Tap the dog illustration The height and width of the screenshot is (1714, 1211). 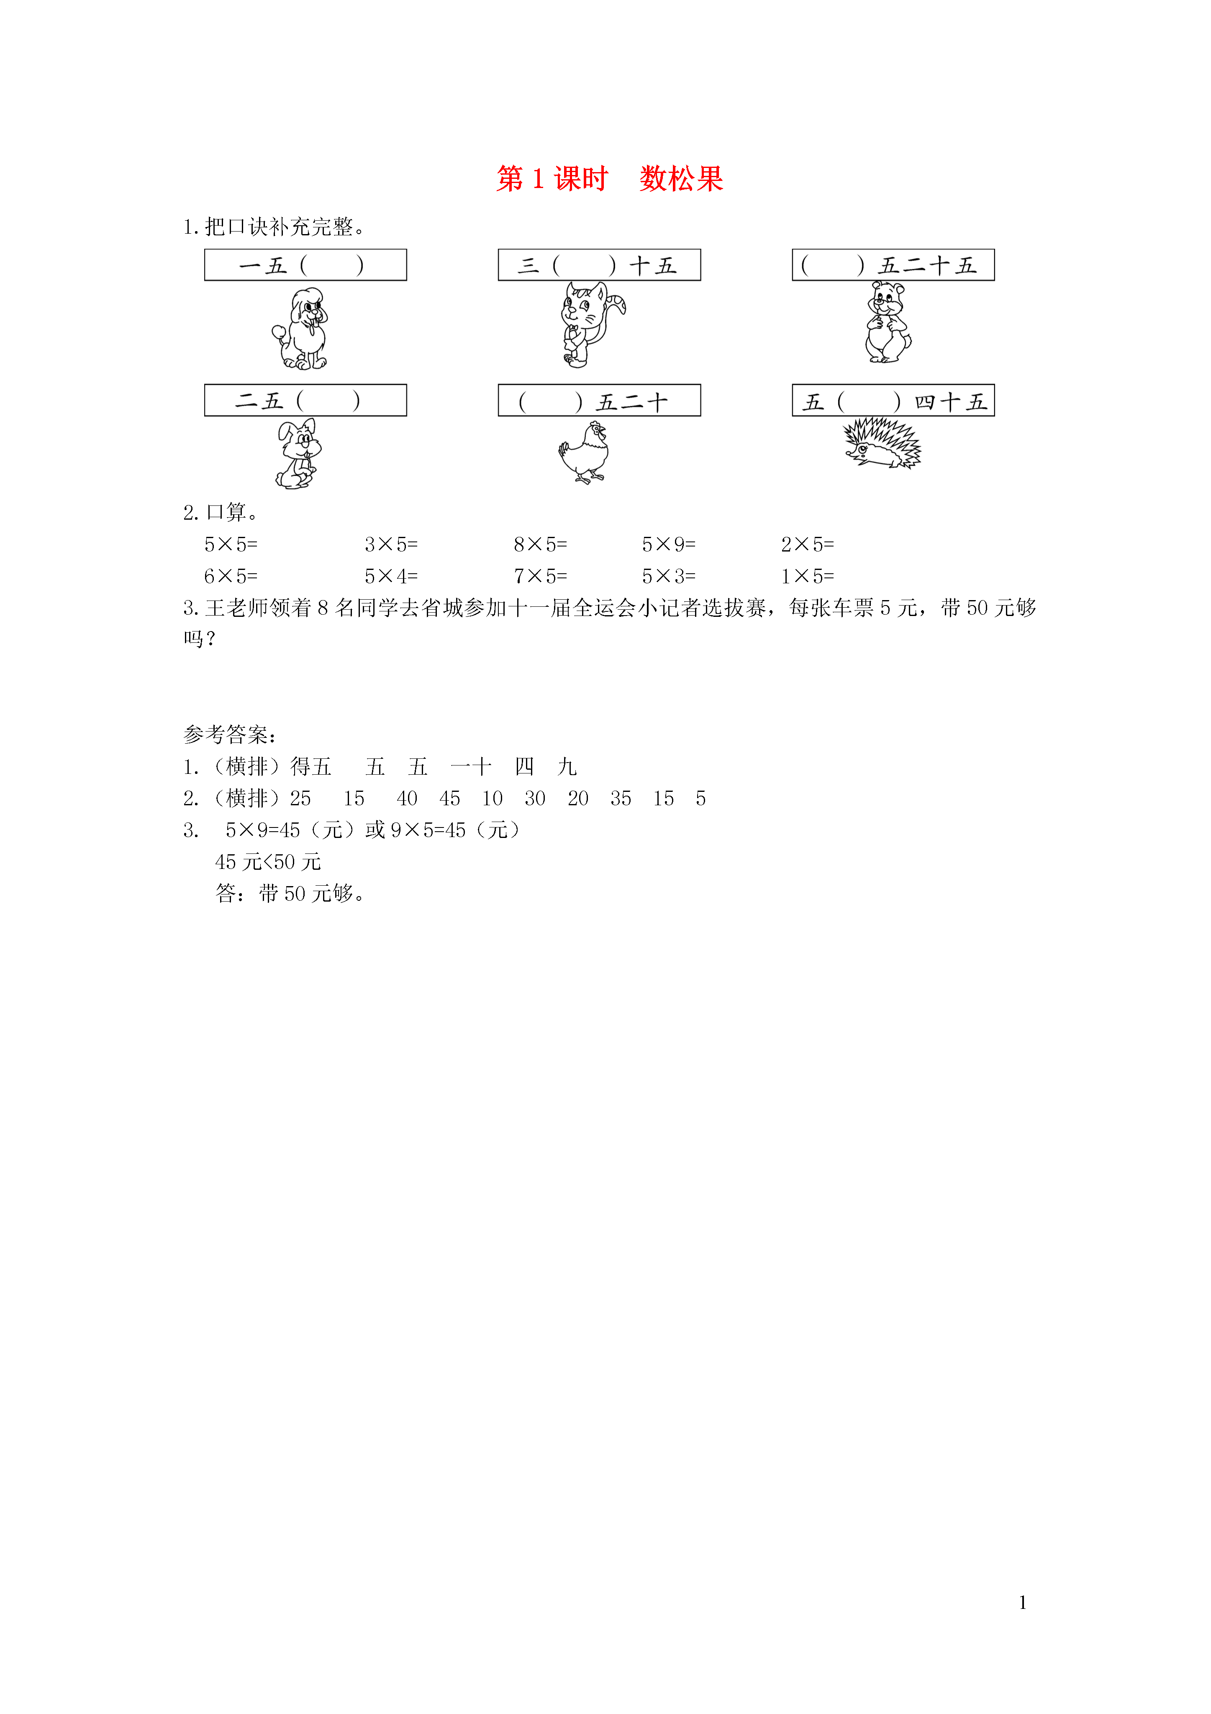300,328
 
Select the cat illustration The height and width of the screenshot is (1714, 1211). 592,324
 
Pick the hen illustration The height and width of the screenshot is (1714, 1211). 584,452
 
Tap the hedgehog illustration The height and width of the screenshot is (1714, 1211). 882,443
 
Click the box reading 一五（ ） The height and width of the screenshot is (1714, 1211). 305,265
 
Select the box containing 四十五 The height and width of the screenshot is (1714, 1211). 893,400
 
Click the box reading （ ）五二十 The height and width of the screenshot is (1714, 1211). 599,400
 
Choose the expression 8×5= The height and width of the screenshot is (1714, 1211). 540,545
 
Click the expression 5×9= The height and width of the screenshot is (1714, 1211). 669,545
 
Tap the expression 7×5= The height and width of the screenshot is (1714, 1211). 540,576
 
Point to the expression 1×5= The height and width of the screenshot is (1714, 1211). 807,576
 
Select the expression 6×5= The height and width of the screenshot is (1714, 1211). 231,576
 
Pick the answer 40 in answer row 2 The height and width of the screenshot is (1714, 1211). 407,799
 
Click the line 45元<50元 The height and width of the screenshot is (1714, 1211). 268,862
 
